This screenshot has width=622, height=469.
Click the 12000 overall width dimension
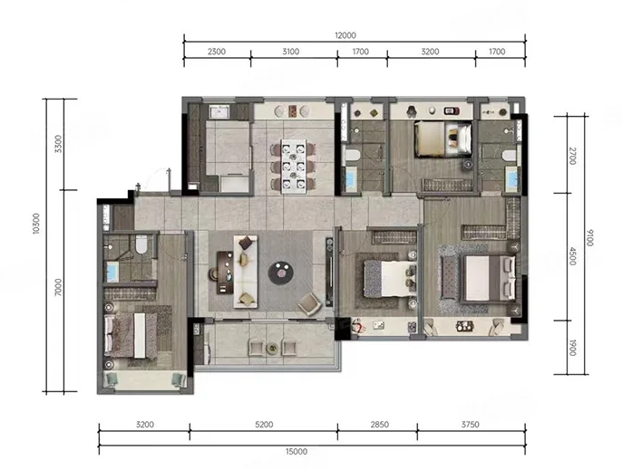pos(345,35)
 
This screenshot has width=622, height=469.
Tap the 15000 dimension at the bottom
pos(296,452)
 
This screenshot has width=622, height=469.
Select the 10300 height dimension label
pos(36,224)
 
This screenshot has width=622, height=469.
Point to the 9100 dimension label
pos(589,237)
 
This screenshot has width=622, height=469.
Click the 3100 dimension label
pos(291,52)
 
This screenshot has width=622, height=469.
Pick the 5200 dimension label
pos(264,425)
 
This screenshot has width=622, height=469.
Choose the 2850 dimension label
pos(380,425)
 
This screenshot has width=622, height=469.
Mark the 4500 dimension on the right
pos(572,256)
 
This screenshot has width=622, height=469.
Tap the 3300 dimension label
pos(58,144)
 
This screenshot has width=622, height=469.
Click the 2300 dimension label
pos(217,52)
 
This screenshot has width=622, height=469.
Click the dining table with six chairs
pos(294,166)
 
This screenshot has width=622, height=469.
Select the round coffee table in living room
pos(281,273)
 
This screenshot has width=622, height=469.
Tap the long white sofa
pos(246,272)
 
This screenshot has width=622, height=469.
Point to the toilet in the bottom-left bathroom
pos(141,244)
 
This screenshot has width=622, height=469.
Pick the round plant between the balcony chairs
pos(272,349)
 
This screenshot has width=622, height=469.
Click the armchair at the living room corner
pos(309,304)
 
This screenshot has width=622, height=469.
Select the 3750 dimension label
pos(470,425)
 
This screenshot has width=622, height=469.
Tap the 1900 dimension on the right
pos(572,348)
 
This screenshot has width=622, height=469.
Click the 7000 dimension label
pos(58,287)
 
